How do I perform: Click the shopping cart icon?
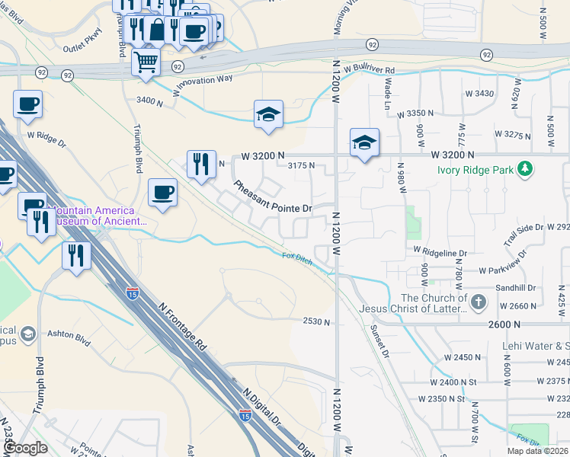tap(146, 61)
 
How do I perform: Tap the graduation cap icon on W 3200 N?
tap(365, 142)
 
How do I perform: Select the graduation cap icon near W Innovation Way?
tap(268, 114)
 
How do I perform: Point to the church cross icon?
tap(478, 302)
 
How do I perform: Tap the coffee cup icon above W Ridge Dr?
tap(27, 104)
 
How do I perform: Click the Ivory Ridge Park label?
tap(476, 170)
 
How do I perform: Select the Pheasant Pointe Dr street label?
tap(274, 197)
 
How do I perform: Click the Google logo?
tap(26, 448)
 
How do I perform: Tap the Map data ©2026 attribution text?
tap(533, 451)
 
